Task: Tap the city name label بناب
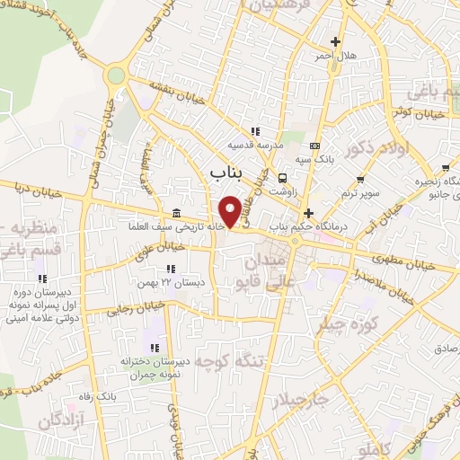[224, 170]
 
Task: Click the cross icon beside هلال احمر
[336, 41]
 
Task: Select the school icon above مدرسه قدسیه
[256, 130]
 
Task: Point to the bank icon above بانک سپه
[314, 145]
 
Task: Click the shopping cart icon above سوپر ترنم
[359, 180]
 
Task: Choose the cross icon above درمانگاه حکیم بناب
[309, 214]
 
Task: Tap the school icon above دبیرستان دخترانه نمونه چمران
[155, 347]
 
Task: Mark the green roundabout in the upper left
[114, 75]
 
